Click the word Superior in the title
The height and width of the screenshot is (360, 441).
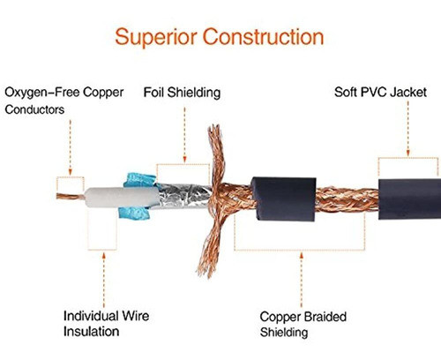pos(156,37)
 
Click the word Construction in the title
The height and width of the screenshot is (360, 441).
pos(264,36)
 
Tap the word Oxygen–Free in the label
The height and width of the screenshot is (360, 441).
pos(42,93)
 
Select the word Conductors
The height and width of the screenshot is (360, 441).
pos(34,109)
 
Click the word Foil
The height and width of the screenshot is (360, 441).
pos(153,93)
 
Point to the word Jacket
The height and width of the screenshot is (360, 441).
pos(409,93)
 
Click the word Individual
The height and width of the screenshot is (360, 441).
pos(91,316)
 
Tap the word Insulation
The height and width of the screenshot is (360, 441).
pos(92,332)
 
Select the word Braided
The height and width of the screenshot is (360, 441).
pos(325,317)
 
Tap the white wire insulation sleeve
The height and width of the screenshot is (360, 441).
pos(122,198)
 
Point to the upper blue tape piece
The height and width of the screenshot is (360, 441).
pos(140,180)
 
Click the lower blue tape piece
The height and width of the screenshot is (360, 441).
pos(134,214)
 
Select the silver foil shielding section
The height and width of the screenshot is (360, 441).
pos(184,196)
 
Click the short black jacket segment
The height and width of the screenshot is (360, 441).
pos(284,199)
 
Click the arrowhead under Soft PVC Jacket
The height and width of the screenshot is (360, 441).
pos(408,153)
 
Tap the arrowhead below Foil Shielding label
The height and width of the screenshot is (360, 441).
pos(184,159)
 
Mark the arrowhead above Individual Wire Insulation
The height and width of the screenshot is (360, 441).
pos(103,256)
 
